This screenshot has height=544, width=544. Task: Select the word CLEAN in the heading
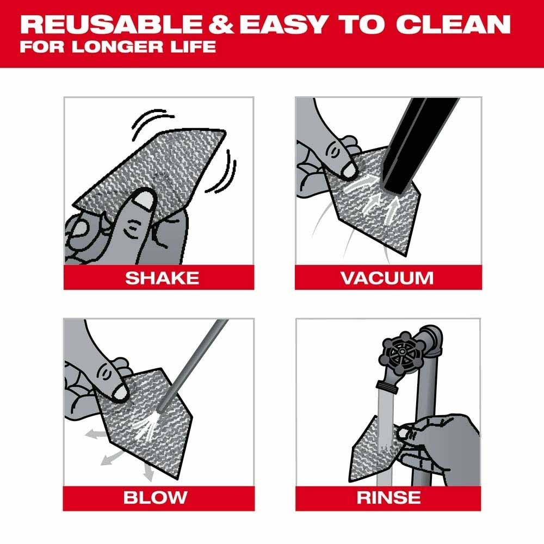pos(454,25)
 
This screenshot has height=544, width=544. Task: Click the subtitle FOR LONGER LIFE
pos(118,46)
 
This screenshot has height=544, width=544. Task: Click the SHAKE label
pos(162,278)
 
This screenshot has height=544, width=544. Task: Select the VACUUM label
pos(387,278)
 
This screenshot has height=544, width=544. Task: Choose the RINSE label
pos(388,497)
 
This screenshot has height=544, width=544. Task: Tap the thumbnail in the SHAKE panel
pos(143,201)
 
